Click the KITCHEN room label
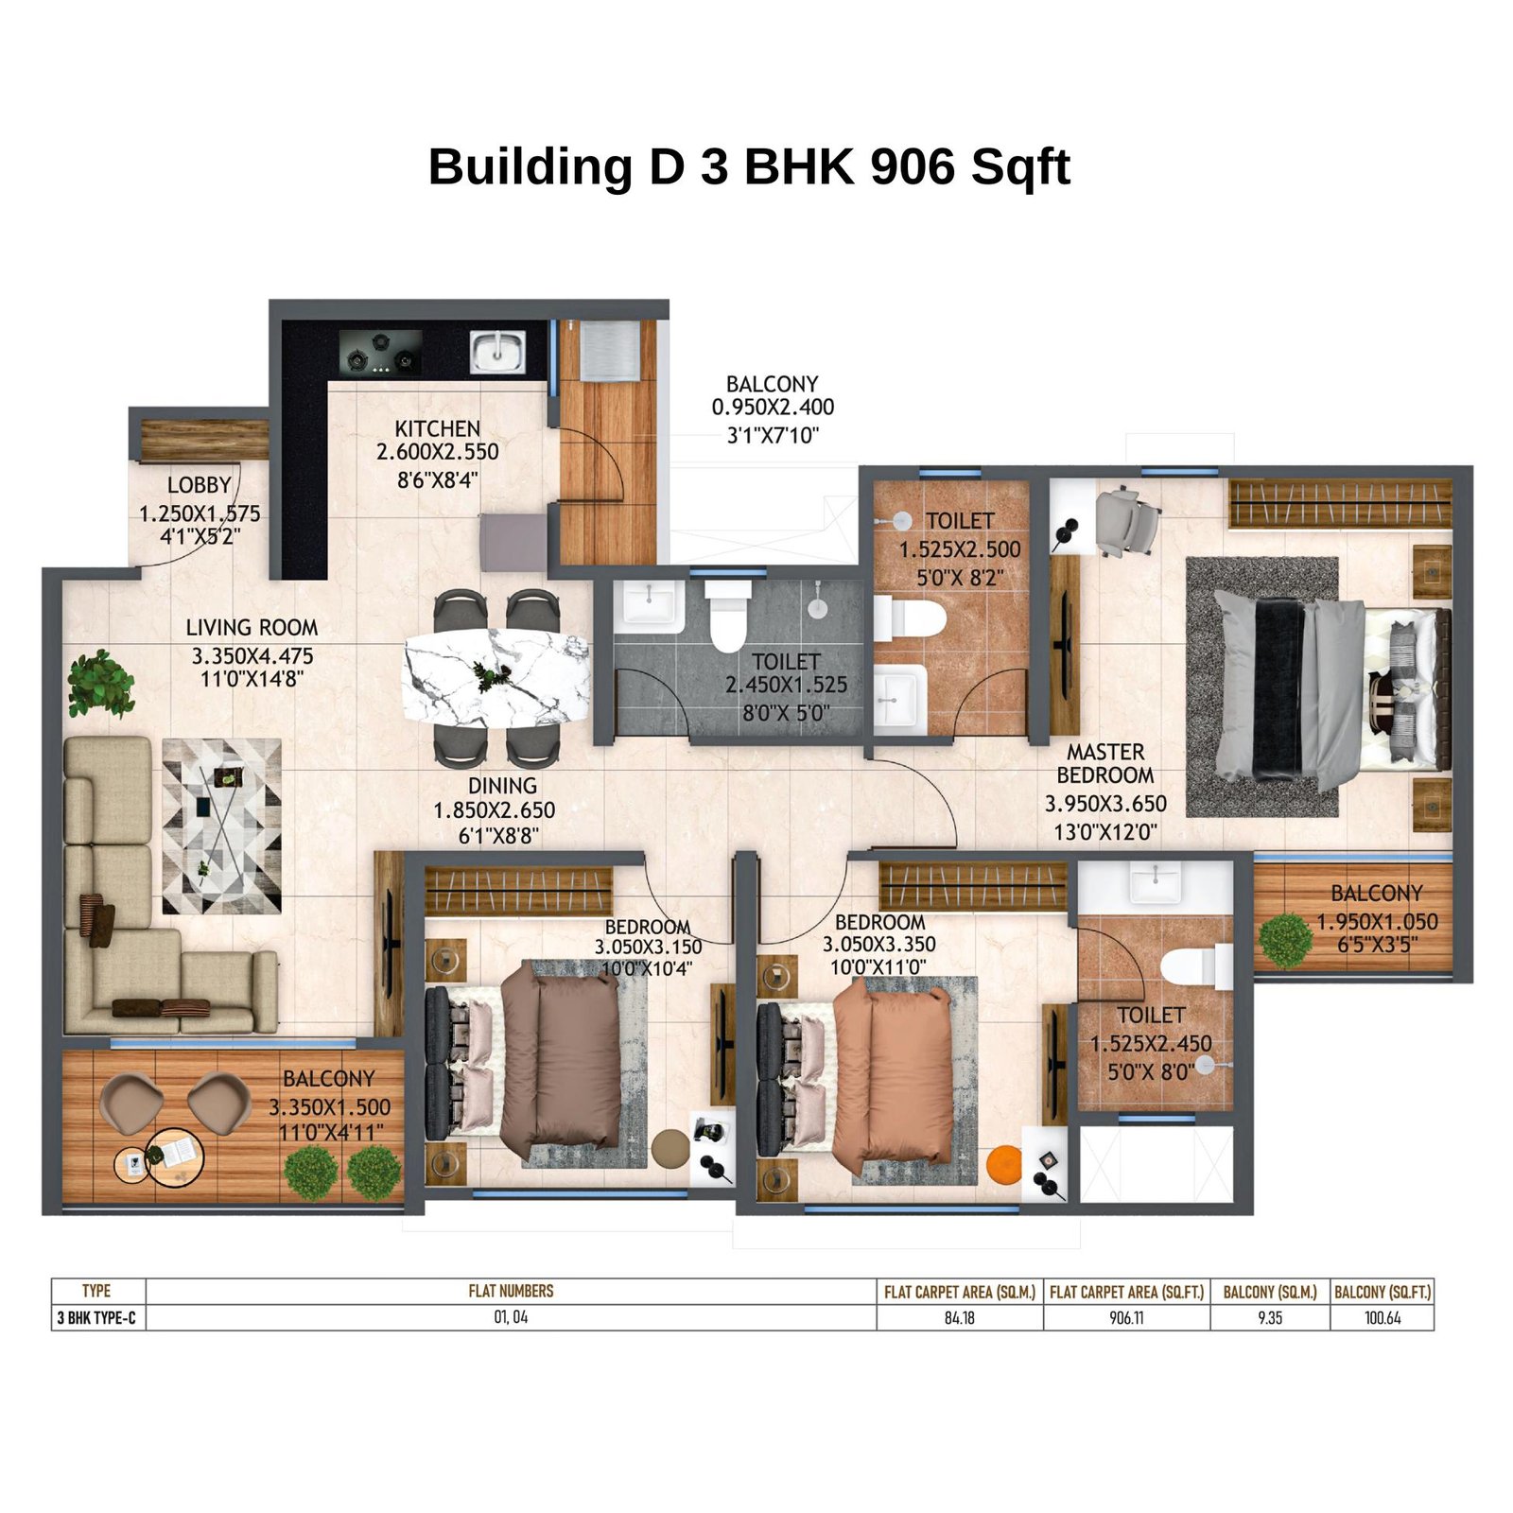[x=437, y=428]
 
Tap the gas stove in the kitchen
[x=381, y=352]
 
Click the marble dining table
[x=496, y=678]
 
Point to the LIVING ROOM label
[x=252, y=628]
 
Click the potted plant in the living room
[x=100, y=683]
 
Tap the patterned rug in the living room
[x=222, y=826]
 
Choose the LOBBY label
[x=199, y=485]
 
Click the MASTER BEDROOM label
[x=1105, y=764]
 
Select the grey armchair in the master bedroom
[x=1126, y=521]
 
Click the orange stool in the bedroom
[x=1004, y=1164]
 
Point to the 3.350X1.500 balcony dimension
[x=329, y=1107]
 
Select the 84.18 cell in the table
[x=959, y=1318]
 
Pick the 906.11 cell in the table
[x=1126, y=1318]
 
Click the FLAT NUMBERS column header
[x=511, y=1292]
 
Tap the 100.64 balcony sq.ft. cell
[x=1382, y=1318]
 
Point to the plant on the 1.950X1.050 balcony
[x=1286, y=940]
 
